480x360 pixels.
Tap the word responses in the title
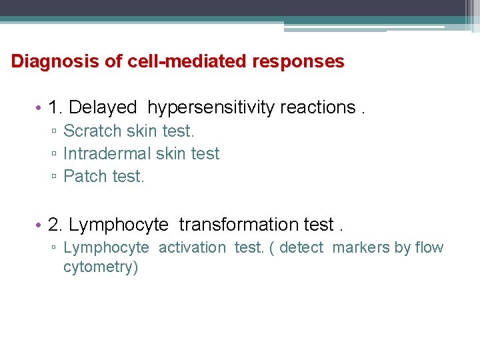point(298,62)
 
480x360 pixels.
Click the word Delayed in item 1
point(103,107)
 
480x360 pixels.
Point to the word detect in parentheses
point(301,248)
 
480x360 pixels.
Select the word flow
point(429,248)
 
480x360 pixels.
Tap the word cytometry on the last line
point(100,268)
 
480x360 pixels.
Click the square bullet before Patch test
point(53,177)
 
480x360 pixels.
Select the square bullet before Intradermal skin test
point(53,155)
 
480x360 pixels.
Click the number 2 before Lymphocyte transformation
point(53,225)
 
